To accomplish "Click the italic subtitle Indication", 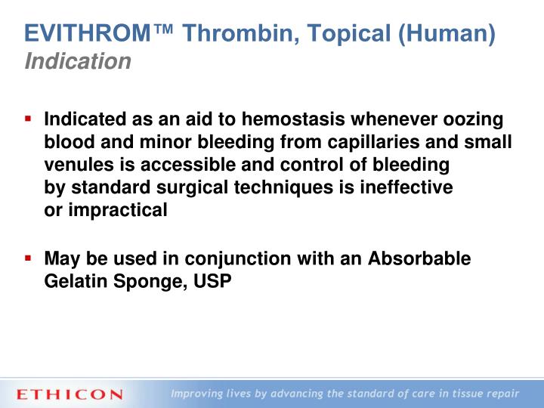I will (78, 61).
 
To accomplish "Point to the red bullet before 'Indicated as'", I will (28, 119).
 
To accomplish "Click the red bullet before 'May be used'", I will (28, 258).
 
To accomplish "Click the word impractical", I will (118, 210).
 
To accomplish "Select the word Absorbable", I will (419, 259).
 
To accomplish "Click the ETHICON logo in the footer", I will (69, 394).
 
